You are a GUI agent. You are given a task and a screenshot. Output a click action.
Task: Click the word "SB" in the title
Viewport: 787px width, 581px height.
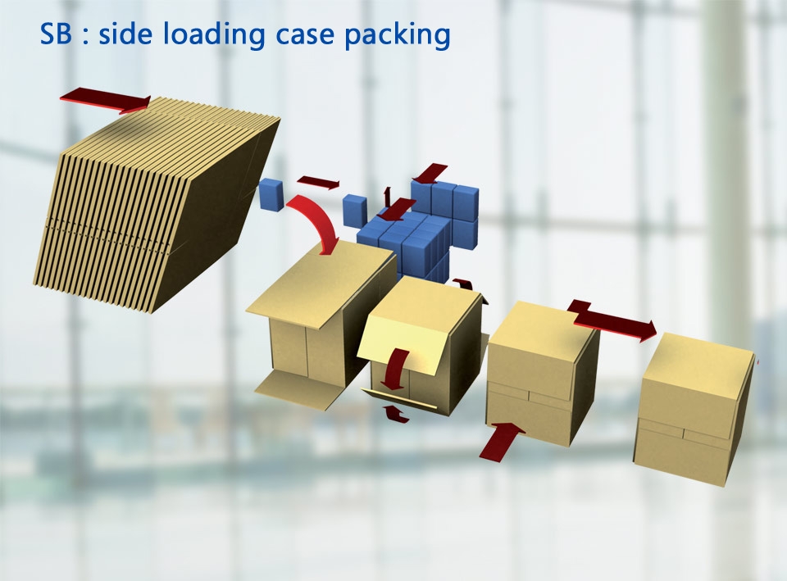58,34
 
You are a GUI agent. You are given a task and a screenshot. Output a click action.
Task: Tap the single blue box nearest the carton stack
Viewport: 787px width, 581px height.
271,193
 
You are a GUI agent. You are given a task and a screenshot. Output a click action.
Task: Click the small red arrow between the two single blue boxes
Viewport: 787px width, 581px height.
318,183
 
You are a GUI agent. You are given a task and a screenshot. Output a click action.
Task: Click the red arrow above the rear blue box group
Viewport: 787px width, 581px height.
430,174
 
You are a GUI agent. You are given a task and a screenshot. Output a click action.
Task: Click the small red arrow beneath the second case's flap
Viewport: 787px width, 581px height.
397,413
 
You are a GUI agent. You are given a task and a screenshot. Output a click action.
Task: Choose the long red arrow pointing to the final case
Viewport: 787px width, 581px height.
615,322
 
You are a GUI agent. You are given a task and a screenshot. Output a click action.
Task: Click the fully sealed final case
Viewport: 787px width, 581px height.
695,410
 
